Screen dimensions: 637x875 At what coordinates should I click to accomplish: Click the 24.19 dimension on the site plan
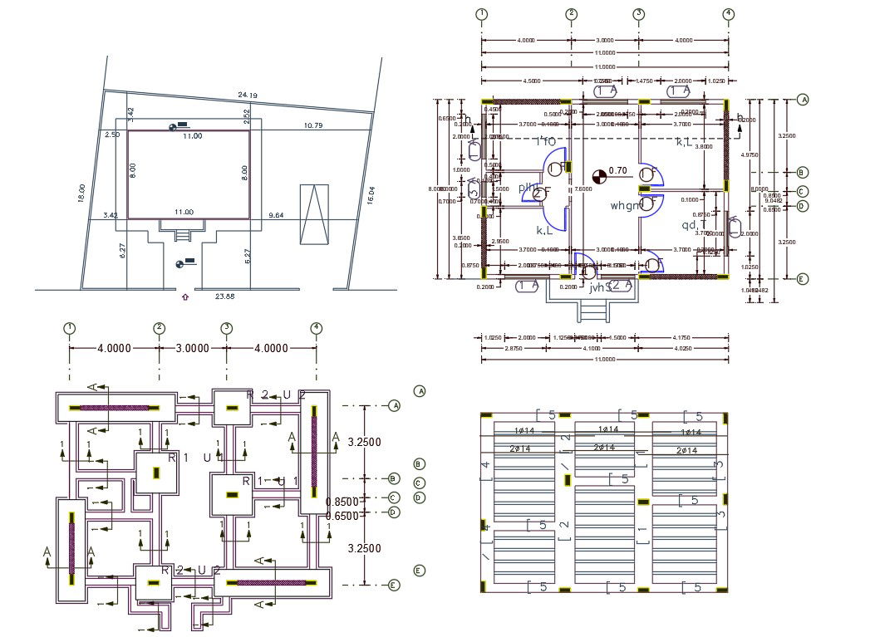247,96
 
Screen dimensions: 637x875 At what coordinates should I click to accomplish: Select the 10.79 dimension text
313,125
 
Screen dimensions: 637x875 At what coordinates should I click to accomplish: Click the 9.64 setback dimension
277,216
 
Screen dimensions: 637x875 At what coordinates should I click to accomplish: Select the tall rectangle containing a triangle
314,213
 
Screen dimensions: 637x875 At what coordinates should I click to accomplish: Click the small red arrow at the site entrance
184,296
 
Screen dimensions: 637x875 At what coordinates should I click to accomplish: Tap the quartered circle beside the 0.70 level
598,175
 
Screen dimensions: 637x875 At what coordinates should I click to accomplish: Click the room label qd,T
694,225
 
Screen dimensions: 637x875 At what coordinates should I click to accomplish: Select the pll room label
526,188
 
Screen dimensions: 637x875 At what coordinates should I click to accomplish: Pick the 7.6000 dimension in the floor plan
584,189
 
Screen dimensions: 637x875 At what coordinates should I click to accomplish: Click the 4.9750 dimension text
750,154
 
